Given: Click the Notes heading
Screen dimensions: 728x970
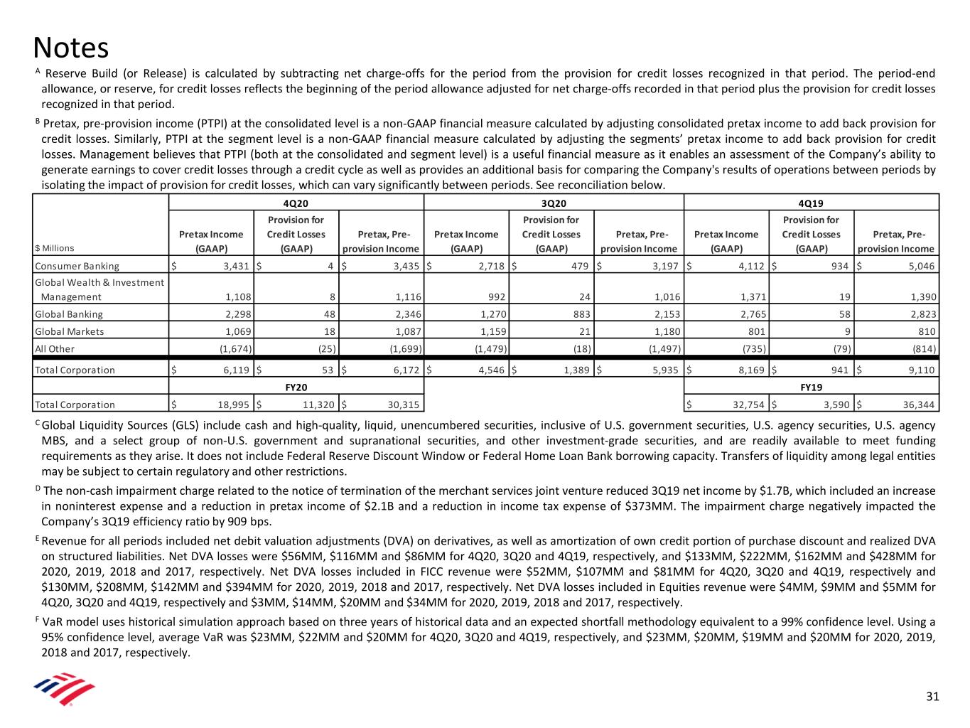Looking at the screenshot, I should click(x=71, y=48).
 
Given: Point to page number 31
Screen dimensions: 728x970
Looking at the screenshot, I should click(x=932, y=696).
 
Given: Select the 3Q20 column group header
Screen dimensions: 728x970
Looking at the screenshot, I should click(x=552, y=203).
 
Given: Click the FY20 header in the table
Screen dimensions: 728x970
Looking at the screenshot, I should click(x=296, y=387).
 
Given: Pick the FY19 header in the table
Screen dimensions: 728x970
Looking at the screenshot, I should click(x=811, y=387).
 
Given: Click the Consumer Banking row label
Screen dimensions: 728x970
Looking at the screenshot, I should click(x=77, y=266).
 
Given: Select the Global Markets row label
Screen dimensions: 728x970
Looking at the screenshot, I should click(x=70, y=331).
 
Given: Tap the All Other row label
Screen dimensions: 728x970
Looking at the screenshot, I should click(x=55, y=348).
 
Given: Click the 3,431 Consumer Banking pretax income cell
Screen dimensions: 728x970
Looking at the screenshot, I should click(x=235, y=266).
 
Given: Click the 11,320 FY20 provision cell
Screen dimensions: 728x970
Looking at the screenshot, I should click(x=316, y=405).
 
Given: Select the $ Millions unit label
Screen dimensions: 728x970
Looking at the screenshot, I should click(x=55, y=248).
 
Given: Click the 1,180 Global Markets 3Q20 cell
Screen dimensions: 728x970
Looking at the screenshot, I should click(x=662, y=331).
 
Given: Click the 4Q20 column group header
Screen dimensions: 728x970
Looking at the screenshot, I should click(x=296, y=203).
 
